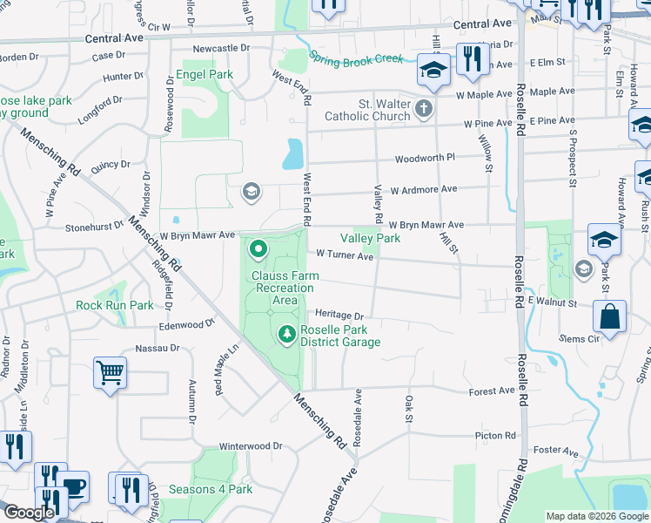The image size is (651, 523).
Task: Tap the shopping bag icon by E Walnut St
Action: [x=610, y=317]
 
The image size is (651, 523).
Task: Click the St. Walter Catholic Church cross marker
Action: [x=423, y=109]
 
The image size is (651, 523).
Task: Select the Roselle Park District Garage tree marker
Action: [x=286, y=333]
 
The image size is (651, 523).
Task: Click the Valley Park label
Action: [x=370, y=238]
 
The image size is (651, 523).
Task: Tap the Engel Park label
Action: [x=205, y=75]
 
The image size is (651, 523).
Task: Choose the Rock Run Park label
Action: [x=114, y=306]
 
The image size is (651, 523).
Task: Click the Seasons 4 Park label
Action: [x=211, y=489]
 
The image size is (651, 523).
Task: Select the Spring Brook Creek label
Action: [x=356, y=59]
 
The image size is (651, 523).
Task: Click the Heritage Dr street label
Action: [x=339, y=315]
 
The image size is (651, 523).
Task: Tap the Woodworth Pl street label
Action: [x=425, y=158]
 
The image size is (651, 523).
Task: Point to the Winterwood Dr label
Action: [x=252, y=445]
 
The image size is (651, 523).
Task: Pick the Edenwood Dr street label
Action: [x=186, y=324]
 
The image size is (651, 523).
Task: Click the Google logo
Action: [x=29, y=513]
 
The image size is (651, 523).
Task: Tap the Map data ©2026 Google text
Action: [x=597, y=516]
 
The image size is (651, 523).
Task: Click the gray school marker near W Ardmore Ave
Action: [x=252, y=192]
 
